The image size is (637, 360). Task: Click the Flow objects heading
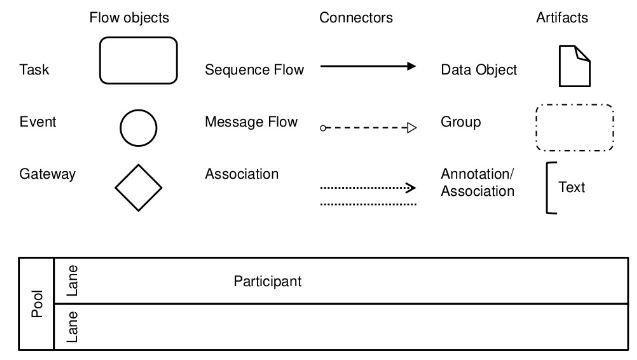[x=129, y=18]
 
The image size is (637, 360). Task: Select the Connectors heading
[x=356, y=18]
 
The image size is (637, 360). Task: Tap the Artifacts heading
[x=562, y=18]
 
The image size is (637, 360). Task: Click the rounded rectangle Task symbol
[x=138, y=60]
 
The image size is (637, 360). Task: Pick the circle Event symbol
[x=138, y=128]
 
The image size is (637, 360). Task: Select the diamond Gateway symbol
[x=138, y=187]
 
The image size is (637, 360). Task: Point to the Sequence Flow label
[x=254, y=70]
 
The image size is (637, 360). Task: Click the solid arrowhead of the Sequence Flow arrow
[x=410, y=67]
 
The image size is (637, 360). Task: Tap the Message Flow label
[x=251, y=122]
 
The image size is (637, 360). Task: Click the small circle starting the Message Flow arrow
[x=322, y=128]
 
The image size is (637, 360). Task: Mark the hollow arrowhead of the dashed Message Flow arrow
[x=410, y=128]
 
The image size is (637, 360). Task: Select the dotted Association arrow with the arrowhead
[x=367, y=187]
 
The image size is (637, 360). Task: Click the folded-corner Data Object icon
[x=574, y=66]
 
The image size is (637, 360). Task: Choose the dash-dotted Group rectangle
[x=574, y=127]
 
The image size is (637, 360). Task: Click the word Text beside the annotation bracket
[x=571, y=187]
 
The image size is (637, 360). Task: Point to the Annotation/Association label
[x=477, y=182]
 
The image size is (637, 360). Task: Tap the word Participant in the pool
[x=267, y=282]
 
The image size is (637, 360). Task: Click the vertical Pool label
[x=37, y=304]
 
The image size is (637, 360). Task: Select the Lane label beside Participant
[x=71, y=281]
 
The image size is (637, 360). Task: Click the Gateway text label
[x=47, y=174]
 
